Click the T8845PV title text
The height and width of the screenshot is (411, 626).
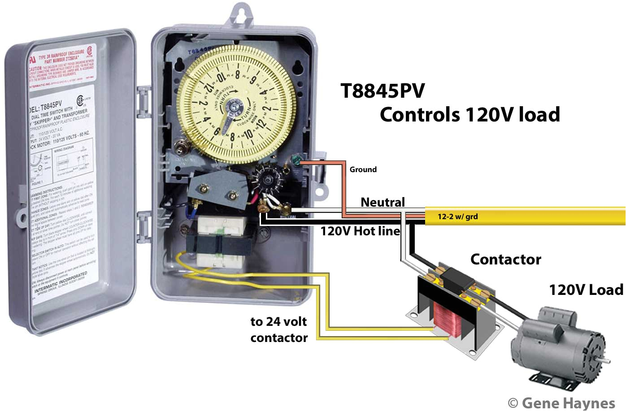(383, 91)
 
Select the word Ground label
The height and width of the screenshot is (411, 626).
(363, 169)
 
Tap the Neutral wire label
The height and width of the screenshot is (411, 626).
(383, 202)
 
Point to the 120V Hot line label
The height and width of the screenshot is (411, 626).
(360, 231)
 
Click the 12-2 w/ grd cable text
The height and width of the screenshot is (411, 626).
(457, 217)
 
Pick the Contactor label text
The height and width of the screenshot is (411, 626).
(505, 259)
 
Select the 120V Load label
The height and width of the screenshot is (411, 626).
(586, 290)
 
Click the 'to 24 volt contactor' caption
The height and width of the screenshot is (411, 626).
(279, 329)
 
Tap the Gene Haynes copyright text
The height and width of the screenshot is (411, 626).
(561, 402)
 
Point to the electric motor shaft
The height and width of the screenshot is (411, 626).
(604, 360)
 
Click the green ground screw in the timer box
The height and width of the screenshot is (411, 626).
(296, 160)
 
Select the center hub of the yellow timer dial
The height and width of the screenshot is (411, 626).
(234, 108)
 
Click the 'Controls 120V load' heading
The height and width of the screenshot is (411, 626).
(469, 115)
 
